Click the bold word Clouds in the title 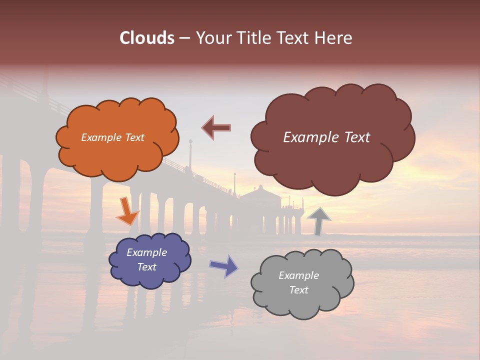click(x=147, y=37)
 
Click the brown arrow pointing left click(x=216, y=127)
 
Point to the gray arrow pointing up click(x=318, y=220)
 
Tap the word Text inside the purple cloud click(x=147, y=267)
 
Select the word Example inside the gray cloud click(x=298, y=275)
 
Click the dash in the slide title click(x=184, y=38)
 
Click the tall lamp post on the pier click(x=190, y=155)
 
